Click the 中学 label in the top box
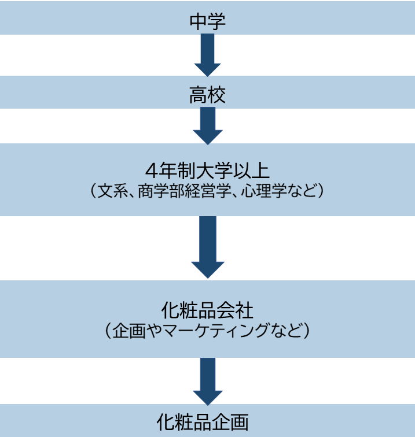[207, 21]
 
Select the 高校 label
[207, 95]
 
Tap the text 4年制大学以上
[207, 172]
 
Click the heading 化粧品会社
[207, 311]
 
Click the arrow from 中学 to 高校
[207, 55]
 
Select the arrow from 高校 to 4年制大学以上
[207, 126]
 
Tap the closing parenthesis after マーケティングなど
[307, 331]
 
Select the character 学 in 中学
[216, 21]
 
